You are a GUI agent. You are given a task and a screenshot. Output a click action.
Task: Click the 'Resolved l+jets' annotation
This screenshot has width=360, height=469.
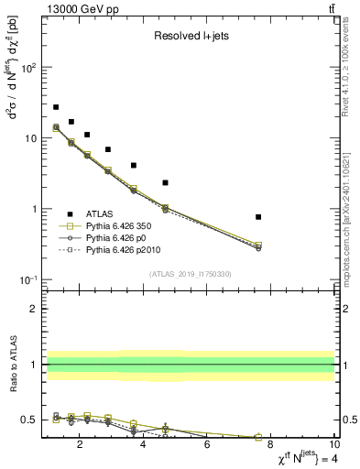pos(190,37)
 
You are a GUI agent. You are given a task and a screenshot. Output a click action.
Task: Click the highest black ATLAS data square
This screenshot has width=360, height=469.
pos(56,107)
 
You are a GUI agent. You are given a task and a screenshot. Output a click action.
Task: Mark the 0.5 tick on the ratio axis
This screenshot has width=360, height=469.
pos(29,420)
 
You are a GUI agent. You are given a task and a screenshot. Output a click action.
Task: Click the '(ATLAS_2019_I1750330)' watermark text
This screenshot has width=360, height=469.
pos(190,274)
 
